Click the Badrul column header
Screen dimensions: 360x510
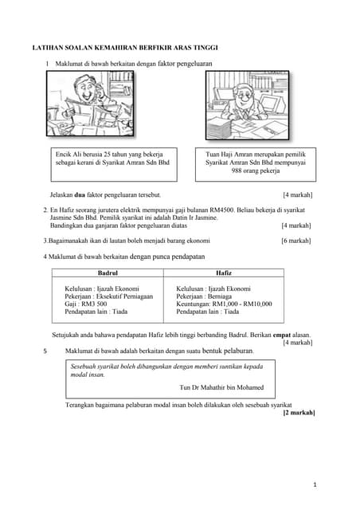coord(108,273)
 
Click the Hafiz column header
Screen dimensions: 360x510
coord(224,273)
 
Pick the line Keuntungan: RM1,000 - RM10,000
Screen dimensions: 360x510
coord(224,304)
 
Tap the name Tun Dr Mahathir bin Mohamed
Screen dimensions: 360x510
coord(222,388)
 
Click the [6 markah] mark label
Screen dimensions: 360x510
coord(296,240)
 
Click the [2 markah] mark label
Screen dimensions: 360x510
coord(299,413)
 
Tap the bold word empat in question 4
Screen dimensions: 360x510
coord(284,335)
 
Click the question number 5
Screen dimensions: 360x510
coord(45,351)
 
